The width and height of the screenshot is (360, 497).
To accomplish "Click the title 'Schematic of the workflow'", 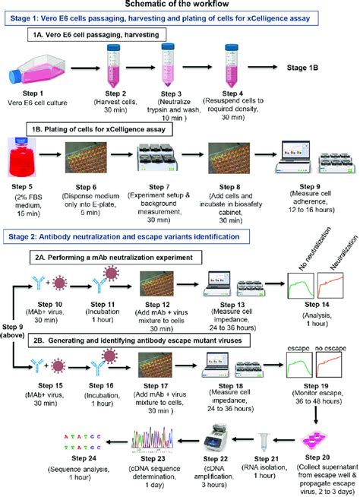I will [x=179, y=5].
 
